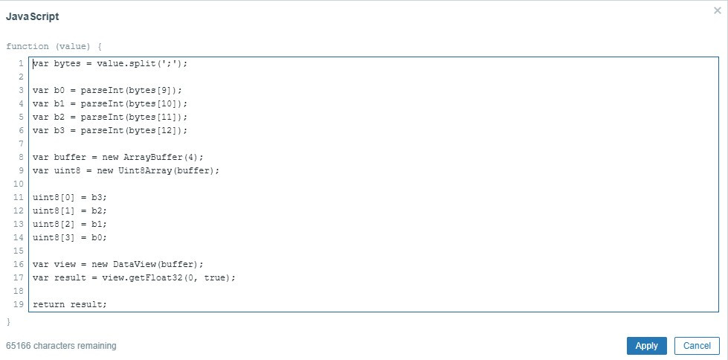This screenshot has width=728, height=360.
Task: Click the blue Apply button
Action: click(x=646, y=346)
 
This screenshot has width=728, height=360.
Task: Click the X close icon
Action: click(x=717, y=10)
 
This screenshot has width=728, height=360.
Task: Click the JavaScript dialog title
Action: click(x=33, y=16)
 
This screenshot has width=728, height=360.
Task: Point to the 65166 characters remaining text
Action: click(x=61, y=346)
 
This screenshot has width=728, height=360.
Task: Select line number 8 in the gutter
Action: click(x=21, y=157)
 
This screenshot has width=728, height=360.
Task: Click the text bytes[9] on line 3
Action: click(x=152, y=90)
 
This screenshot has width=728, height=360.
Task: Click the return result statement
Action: click(x=70, y=304)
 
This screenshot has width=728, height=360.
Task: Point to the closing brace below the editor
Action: click(x=9, y=321)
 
